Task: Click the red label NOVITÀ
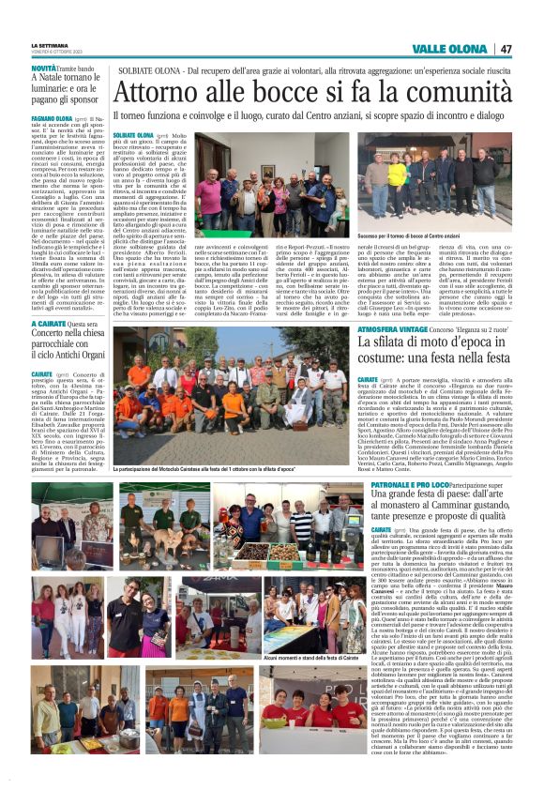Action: tap(43, 68)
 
